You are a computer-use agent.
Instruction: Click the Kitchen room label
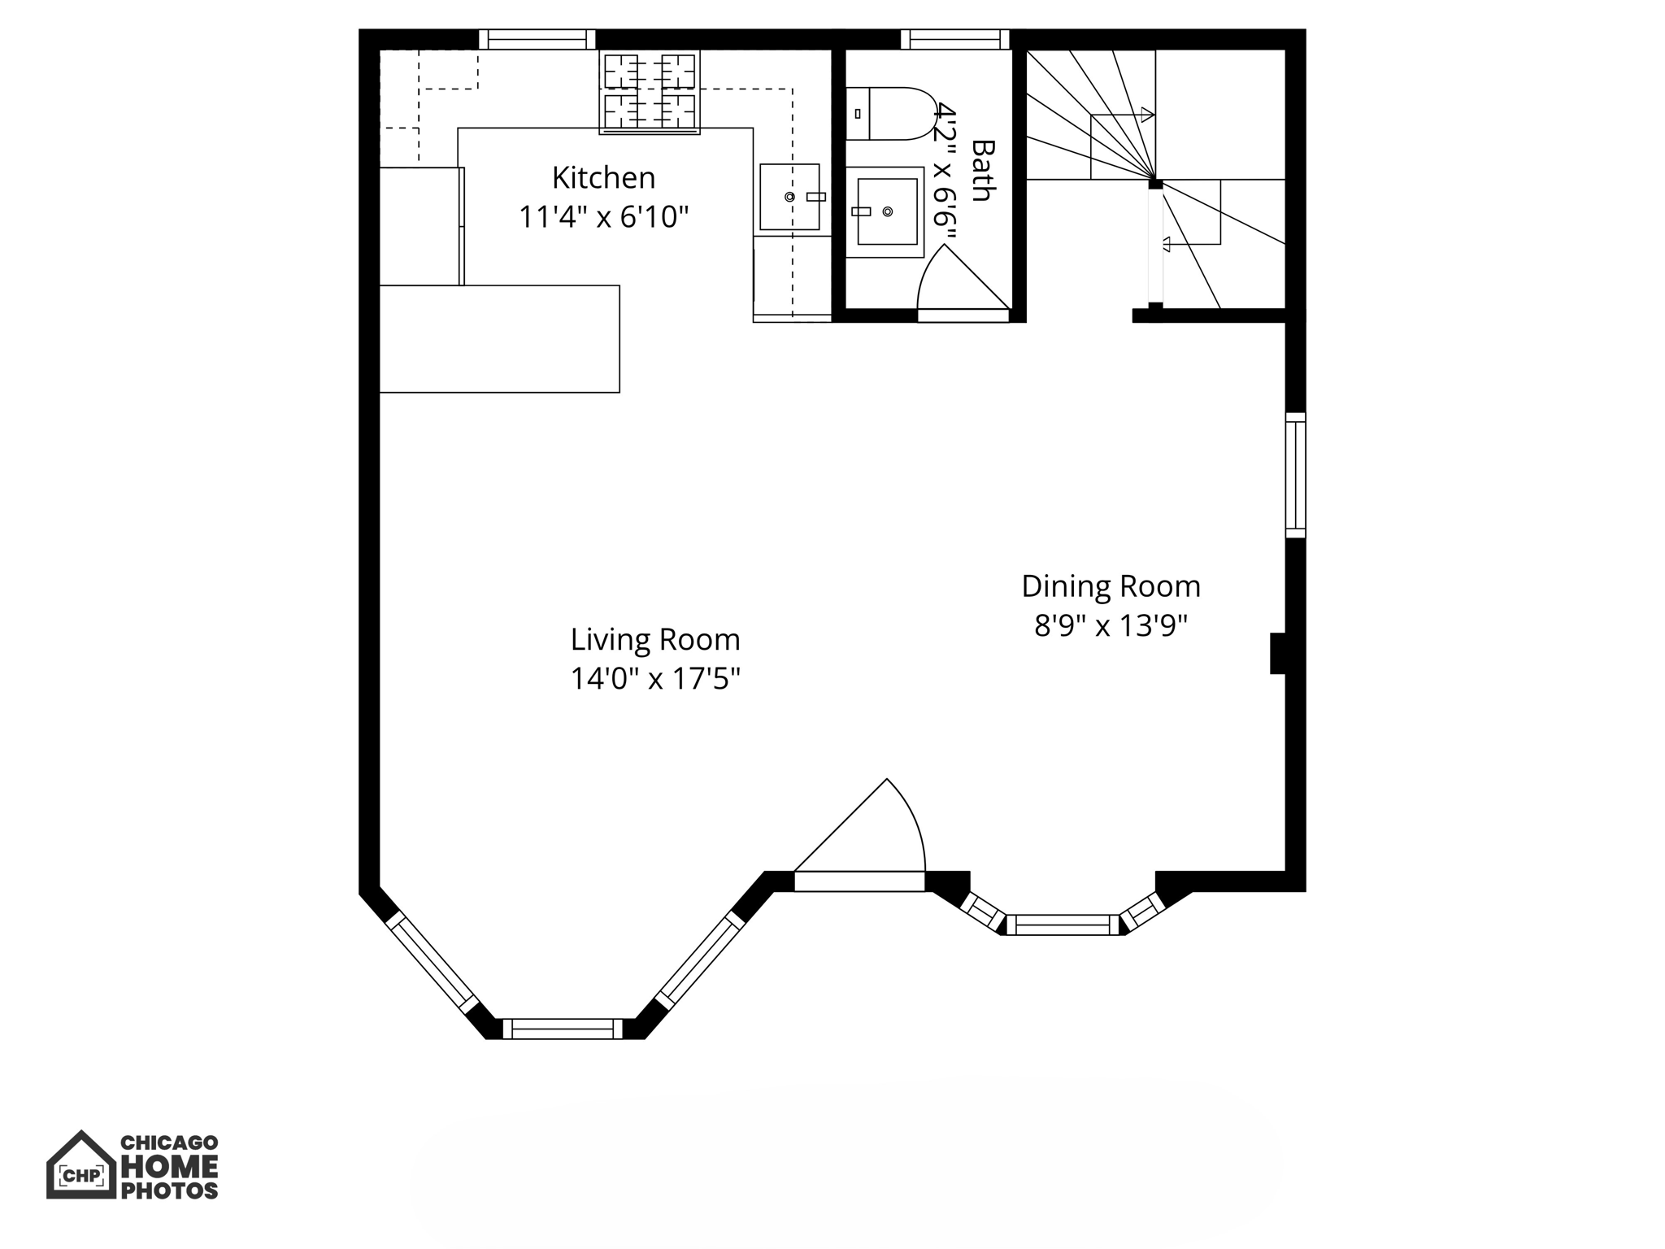pos(603,177)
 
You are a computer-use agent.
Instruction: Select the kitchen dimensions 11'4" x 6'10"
pos(603,217)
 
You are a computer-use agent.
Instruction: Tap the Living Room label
pos(655,639)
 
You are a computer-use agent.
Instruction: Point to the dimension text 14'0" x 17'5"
pos(655,678)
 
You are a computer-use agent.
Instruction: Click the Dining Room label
pos(1111,586)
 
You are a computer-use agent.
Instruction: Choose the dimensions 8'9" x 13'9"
pos(1111,625)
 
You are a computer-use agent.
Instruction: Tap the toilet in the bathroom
pos(890,114)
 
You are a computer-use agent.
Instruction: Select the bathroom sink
pos(885,211)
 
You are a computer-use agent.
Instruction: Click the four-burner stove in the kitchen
pos(650,92)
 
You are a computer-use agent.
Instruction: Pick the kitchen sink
pos(789,197)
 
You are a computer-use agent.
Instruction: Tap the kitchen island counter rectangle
pos(499,338)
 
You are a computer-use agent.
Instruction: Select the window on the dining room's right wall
pos(1295,475)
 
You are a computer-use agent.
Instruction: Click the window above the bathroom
pos(954,39)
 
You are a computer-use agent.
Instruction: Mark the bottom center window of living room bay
pos(563,1029)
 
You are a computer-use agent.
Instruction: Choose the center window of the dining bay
pos(1063,925)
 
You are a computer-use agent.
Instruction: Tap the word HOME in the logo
pos(169,1167)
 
